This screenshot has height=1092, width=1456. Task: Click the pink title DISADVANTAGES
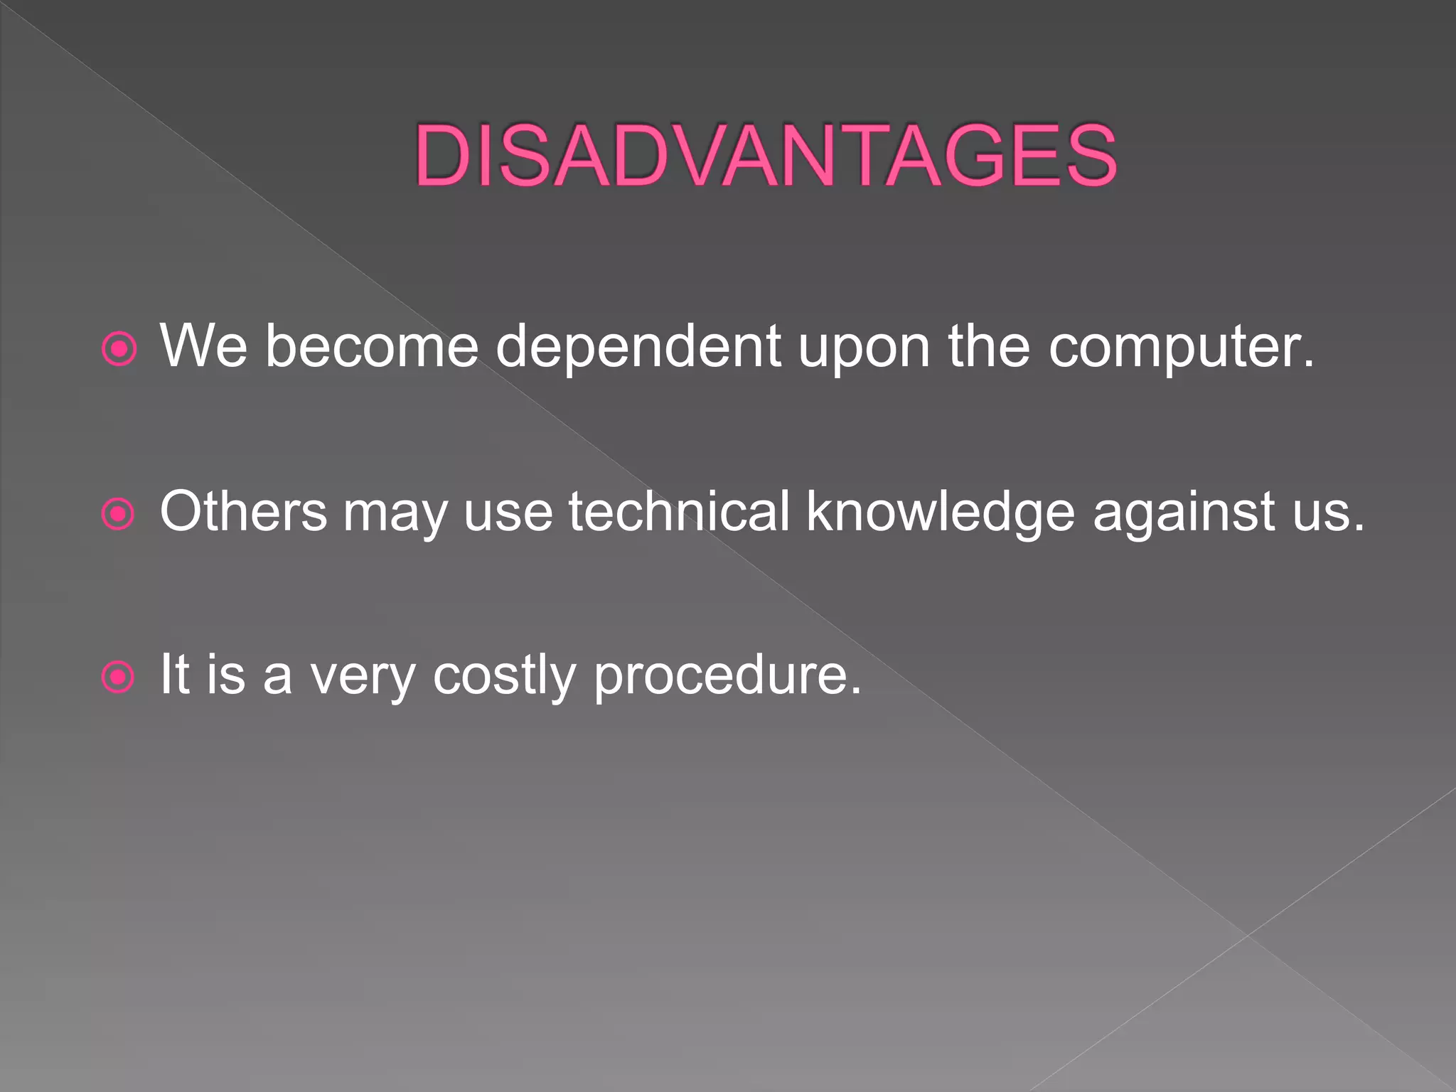click(x=766, y=156)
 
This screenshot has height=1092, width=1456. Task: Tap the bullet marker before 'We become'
click(x=119, y=349)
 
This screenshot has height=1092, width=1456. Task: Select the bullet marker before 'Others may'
click(x=118, y=513)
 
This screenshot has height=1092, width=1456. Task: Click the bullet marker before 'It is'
click(x=118, y=677)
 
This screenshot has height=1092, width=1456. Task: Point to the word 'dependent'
click(x=638, y=347)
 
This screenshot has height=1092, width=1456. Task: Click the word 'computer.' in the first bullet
click(x=1181, y=347)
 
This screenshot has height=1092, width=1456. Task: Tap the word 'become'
click(x=372, y=347)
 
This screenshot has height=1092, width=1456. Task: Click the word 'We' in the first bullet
click(x=203, y=347)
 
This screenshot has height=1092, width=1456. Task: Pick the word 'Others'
click(x=243, y=511)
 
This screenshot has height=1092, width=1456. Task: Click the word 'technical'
click(x=679, y=511)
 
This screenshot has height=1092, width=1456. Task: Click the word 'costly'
click(x=504, y=675)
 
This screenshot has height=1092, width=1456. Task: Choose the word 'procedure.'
click(x=727, y=675)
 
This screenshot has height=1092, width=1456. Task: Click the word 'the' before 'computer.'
click(x=988, y=347)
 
